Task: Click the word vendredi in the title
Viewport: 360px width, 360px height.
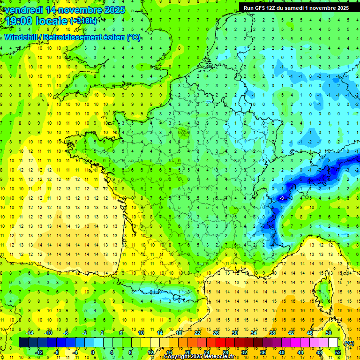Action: [x=23, y=10]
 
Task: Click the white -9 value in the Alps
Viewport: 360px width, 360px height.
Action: [x=281, y=199]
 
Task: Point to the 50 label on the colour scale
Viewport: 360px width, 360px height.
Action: [x=329, y=332]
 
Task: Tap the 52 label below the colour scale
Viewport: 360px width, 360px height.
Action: [x=337, y=352]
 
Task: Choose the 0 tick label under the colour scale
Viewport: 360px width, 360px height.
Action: [x=92, y=352]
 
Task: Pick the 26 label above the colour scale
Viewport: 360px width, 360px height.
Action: [x=216, y=332]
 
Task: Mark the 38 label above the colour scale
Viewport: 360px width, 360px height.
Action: [x=272, y=332]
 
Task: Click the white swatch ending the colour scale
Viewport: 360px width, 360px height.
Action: [x=333, y=342]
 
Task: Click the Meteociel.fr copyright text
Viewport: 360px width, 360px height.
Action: [x=199, y=357]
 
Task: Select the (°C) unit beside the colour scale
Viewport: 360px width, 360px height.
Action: [x=349, y=343]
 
